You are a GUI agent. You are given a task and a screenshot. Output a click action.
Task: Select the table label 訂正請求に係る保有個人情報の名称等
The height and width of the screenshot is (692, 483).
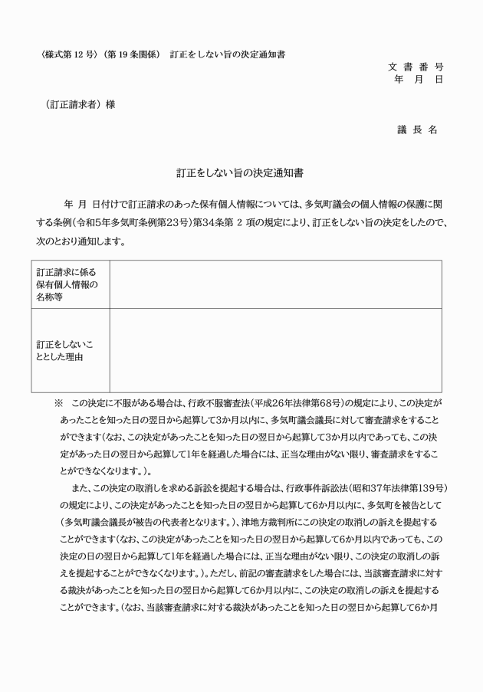click(71, 284)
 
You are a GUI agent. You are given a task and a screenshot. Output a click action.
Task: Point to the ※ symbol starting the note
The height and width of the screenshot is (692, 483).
click(57, 402)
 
